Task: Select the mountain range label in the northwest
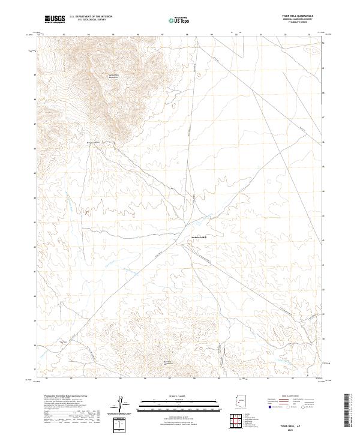(x=113, y=76)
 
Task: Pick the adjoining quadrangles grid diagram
(x=239, y=420)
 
